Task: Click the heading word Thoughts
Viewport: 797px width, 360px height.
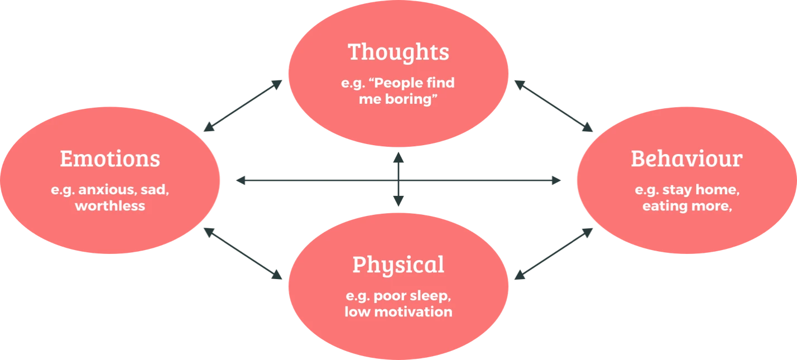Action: click(398, 52)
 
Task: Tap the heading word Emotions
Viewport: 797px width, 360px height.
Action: click(110, 159)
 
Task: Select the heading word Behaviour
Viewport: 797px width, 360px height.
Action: click(686, 159)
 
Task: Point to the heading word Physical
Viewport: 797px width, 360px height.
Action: click(398, 265)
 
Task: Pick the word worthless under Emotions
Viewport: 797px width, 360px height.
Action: click(110, 205)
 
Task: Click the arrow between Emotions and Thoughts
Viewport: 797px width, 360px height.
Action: click(243, 105)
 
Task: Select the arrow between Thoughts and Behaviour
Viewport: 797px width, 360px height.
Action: click(553, 105)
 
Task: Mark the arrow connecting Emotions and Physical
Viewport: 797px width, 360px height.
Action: click(243, 254)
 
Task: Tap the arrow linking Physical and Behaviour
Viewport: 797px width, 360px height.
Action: click(553, 254)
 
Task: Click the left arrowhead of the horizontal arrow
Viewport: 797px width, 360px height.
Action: click(239, 181)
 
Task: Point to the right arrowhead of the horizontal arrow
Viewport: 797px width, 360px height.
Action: click(555, 181)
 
